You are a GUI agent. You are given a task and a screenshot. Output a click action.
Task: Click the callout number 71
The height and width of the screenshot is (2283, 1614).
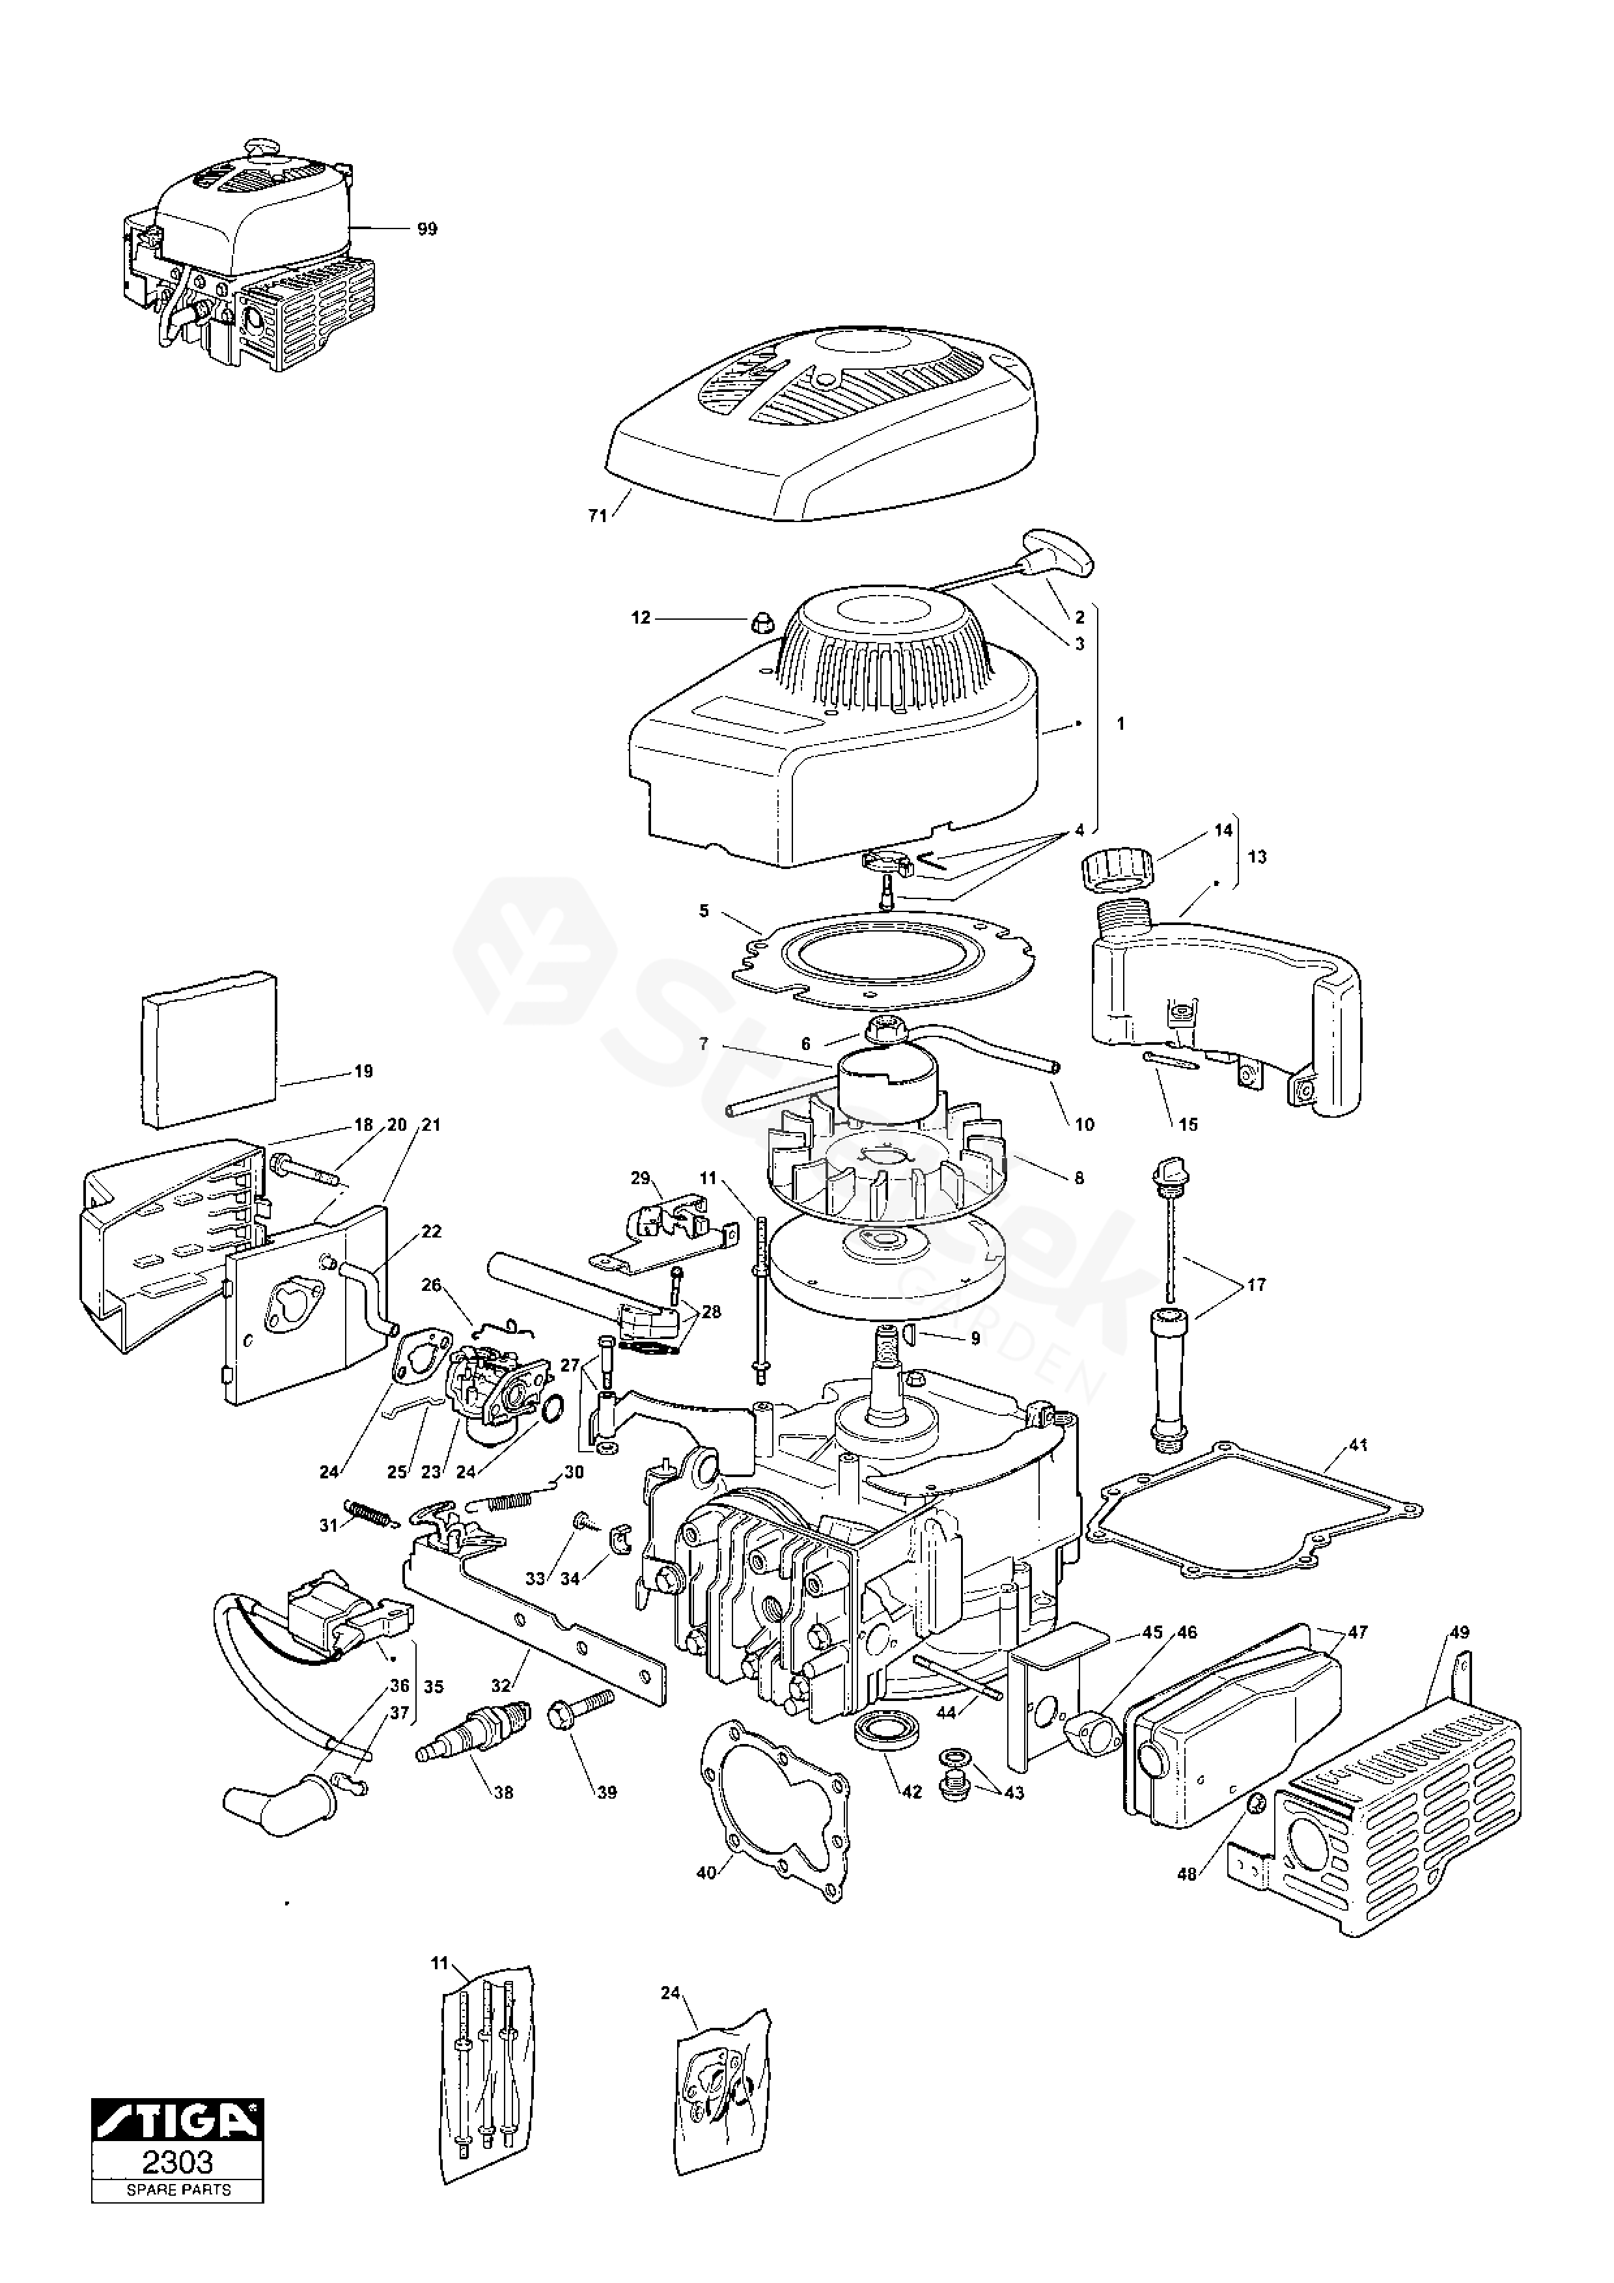click(598, 516)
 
